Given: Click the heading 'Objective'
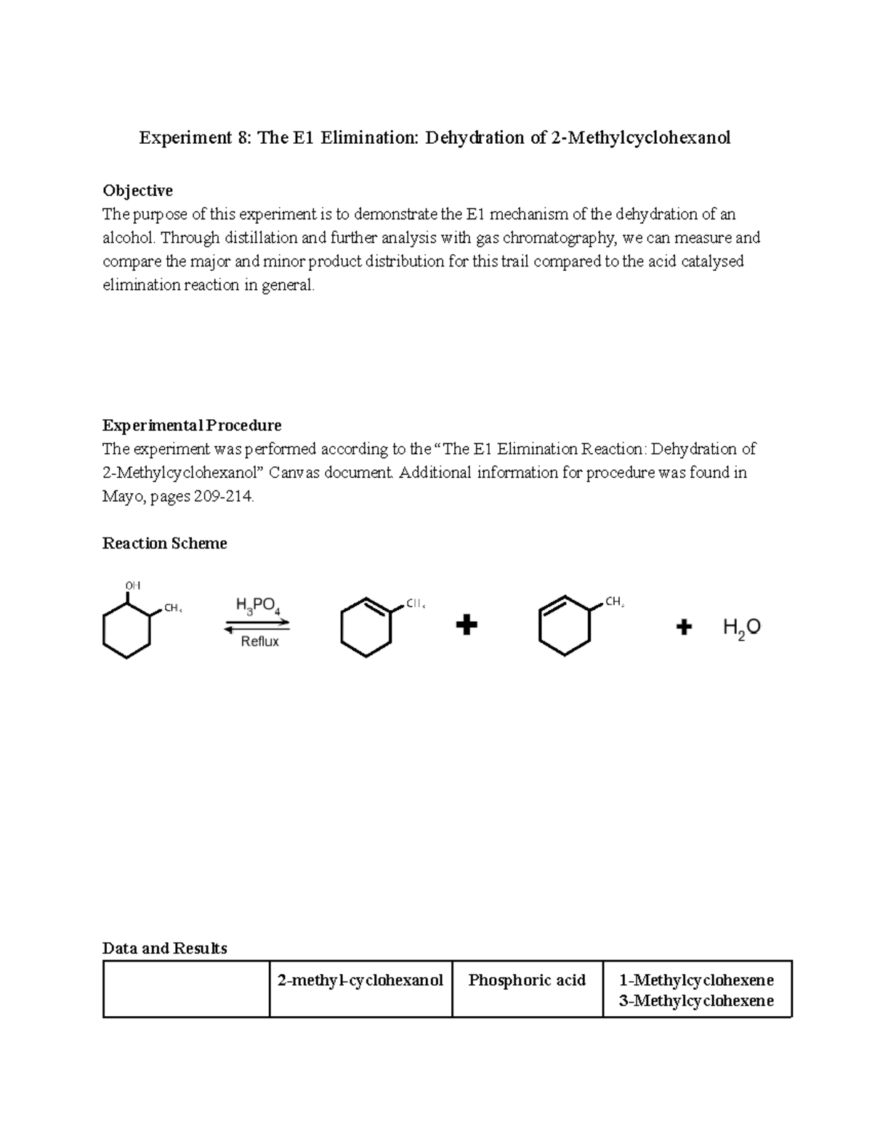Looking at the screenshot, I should [137, 190].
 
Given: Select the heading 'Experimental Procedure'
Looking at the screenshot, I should [192, 425].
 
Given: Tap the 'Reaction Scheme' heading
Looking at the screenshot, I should [165, 543].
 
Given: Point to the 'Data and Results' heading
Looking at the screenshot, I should [165, 948].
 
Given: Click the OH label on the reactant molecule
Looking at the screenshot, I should [132, 585].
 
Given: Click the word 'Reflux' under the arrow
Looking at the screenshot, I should [259, 641].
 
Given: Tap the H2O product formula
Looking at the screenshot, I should [741, 628].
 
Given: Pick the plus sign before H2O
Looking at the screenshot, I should [684, 626].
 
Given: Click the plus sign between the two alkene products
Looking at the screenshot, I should [466, 625].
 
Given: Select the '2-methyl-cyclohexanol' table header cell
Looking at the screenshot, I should [360, 981].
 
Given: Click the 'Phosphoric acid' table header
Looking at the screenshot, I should [527, 981].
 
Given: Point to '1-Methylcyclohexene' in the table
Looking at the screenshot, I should [696, 980].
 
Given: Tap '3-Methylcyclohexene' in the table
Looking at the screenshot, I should [696, 1001].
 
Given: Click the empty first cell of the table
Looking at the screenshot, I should [187, 989].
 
